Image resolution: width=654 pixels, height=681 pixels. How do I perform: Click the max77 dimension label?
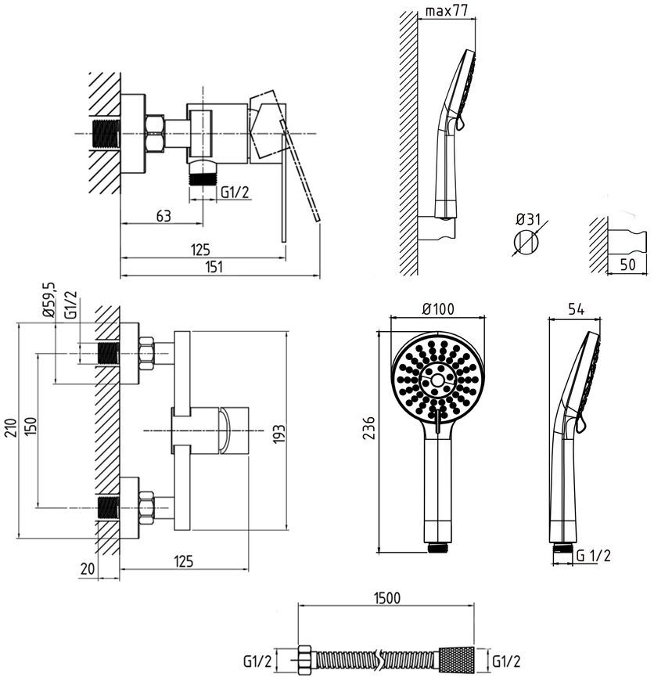447,10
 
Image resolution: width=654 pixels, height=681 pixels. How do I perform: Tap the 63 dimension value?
163,216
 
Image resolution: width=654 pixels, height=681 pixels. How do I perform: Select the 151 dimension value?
214,266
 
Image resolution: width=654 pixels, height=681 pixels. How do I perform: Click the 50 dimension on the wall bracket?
627,264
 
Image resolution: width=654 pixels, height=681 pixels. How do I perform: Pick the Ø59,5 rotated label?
49,300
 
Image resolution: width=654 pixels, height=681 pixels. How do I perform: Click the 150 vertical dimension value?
31,427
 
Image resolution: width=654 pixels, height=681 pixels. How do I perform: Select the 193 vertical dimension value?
279,434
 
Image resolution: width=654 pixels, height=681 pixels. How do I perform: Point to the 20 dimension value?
88,568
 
